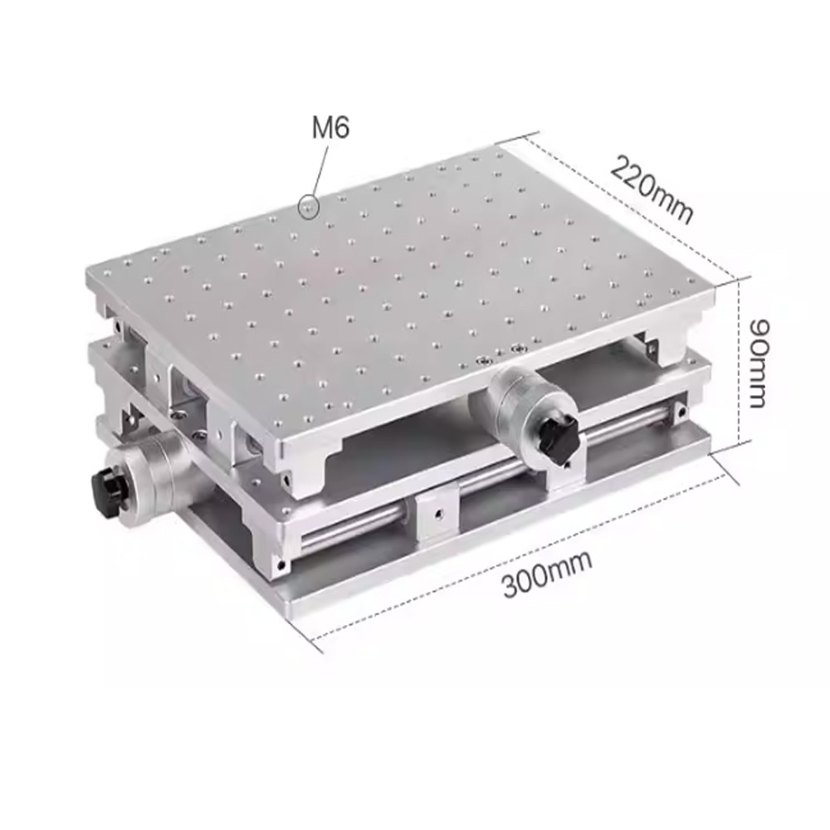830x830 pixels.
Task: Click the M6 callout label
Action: coord(330,129)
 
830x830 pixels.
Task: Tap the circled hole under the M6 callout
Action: coord(309,205)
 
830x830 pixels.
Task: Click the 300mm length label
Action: coord(547,573)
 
